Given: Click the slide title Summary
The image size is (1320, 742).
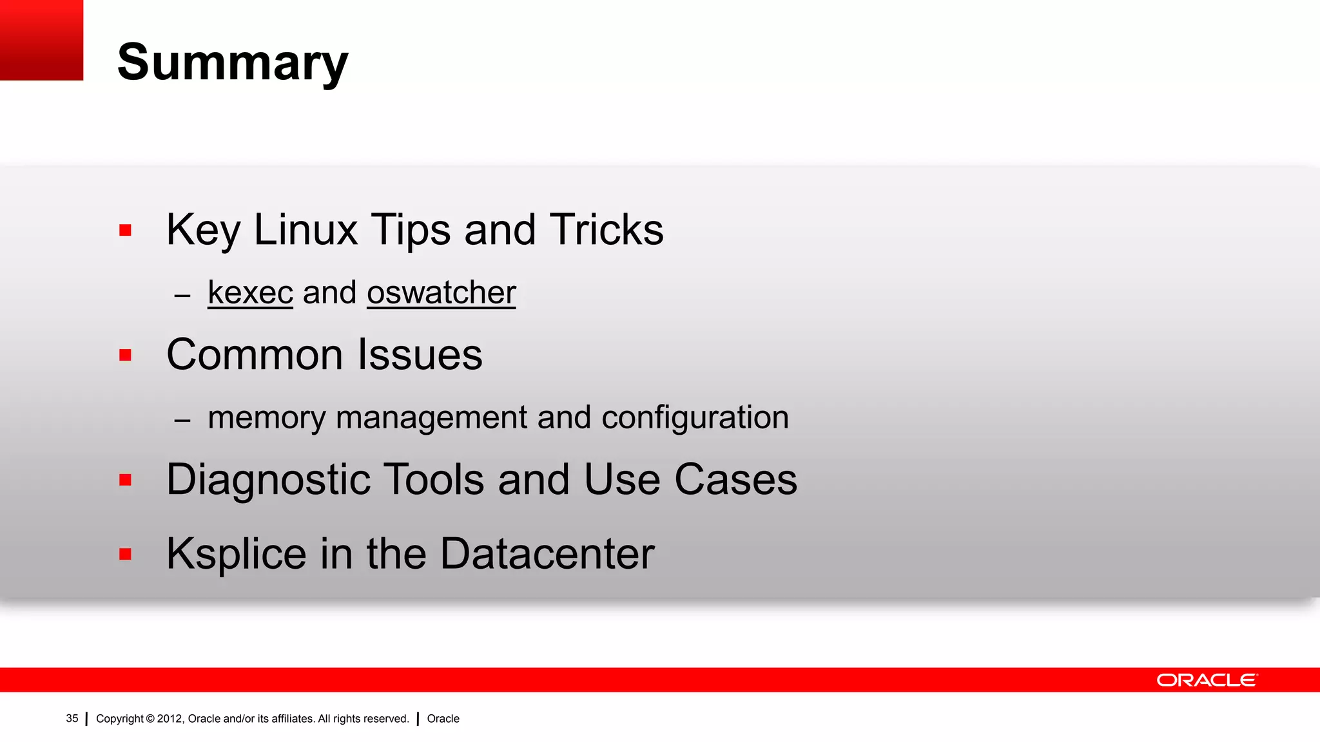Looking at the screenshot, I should point(233,62).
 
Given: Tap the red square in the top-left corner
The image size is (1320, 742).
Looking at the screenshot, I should point(41,40).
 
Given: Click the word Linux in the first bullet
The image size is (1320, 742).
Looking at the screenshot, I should point(306,230).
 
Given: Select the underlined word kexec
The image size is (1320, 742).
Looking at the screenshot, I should point(250,293).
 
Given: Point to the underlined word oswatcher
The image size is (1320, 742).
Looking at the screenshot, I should point(442,293).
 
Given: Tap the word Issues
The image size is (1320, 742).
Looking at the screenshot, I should point(420,355).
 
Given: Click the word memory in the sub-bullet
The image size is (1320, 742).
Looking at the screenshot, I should point(267,418).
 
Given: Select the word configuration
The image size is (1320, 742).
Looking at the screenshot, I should point(695,418).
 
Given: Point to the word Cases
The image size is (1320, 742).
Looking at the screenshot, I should point(735,480).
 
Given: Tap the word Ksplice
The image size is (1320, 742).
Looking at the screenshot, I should point(237,554).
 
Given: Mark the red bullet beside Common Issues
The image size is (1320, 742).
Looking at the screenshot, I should point(125,355).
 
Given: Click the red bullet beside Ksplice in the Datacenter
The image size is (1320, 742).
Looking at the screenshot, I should point(125,554).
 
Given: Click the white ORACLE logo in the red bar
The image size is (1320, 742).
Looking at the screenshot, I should point(1207,680).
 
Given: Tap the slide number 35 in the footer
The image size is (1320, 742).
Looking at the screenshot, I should point(72,719).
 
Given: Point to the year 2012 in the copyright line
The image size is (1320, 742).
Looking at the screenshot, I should point(170,719).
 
